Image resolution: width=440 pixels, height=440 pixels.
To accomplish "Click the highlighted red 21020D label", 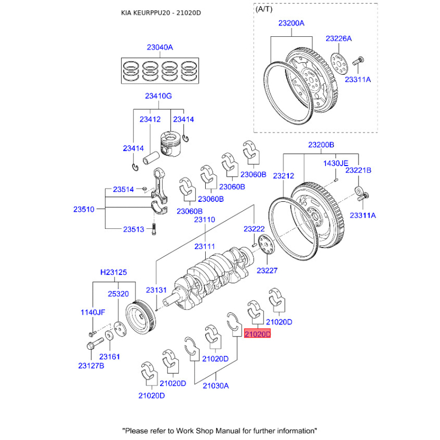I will (x=258, y=334).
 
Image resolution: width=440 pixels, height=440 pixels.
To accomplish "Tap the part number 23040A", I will (x=159, y=48).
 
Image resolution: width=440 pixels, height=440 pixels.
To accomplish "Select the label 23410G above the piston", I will (x=158, y=96).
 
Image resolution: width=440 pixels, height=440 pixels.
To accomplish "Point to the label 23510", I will (x=84, y=210).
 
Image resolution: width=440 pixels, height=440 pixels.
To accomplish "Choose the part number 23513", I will (x=134, y=229).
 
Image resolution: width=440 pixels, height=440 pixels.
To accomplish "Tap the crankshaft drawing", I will (x=215, y=272).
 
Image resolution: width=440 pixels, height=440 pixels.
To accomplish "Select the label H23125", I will (x=113, y=272).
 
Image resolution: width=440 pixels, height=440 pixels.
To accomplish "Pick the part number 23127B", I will (x=91, y=365).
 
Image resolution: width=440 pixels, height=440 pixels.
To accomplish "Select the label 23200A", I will (x=291, y=24).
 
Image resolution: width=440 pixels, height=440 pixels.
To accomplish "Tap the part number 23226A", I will (x=338, y=38).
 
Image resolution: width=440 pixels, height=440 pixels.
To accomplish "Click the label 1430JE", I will (x=335, y=163).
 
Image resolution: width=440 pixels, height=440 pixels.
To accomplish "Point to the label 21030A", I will (x=215, y=386).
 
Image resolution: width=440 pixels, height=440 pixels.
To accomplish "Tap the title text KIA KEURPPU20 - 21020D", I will (x=161, y=13).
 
